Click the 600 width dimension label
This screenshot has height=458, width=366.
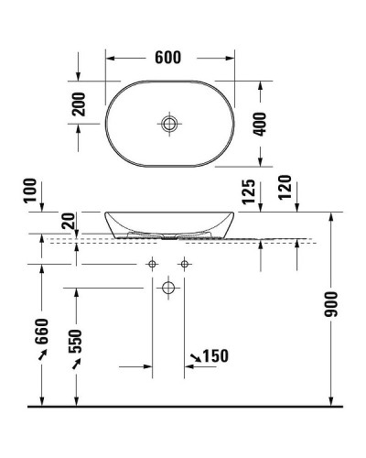(x=167, y=57)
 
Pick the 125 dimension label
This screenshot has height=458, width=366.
(x=247, y=191)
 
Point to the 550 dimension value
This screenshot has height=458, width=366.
(x=78, y=341)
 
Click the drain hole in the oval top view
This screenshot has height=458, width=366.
(x=168, y=123)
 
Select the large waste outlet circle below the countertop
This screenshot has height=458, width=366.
(x=168, y=288)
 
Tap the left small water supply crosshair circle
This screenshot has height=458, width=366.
(x=152, y=265)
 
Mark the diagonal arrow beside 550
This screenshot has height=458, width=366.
(x=78, y=365)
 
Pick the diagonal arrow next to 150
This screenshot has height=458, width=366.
(x=196, y=355)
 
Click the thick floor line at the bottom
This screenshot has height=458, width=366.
(x=183, y=405)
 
